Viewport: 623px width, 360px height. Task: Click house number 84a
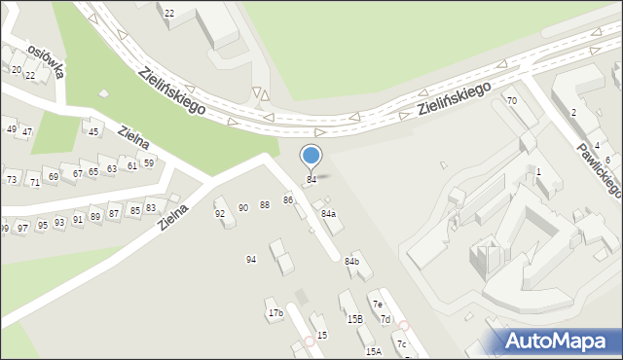pyautogui.click(x=329, y=214)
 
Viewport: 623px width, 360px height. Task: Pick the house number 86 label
pyautogui.click(x=288, y=199)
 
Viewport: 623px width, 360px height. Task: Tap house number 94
pyautogui.click(x=251, y=259)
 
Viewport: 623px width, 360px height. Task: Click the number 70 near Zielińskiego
pyautogui.click(x=511, y=101)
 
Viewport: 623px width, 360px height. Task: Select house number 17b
pyautogui.click(x=275, y=313)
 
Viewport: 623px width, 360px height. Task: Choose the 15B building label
pyautogui.click(x=354, y=319)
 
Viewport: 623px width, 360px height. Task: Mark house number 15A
pyautogui.click(x=373, y=351)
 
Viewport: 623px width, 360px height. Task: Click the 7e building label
pyautogui.click(x=377, y=305)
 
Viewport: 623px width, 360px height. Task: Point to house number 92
pyautogui.click(x=220, y=213)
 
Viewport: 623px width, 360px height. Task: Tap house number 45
pyautogui.click(x=93, y=131)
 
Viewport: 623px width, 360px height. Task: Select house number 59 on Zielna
pyautogui.click(x=148, y=162)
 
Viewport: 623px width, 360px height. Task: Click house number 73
pyautogui.click(x=12, y=180)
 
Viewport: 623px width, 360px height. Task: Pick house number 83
pyautogui.click(x=150, y=208)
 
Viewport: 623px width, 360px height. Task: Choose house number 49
pyautogui.click(x=12, y=128)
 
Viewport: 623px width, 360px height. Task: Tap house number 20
pyautogui.click(x=17, y=69)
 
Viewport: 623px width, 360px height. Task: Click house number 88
pyautogui.click(x=265, y=205)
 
